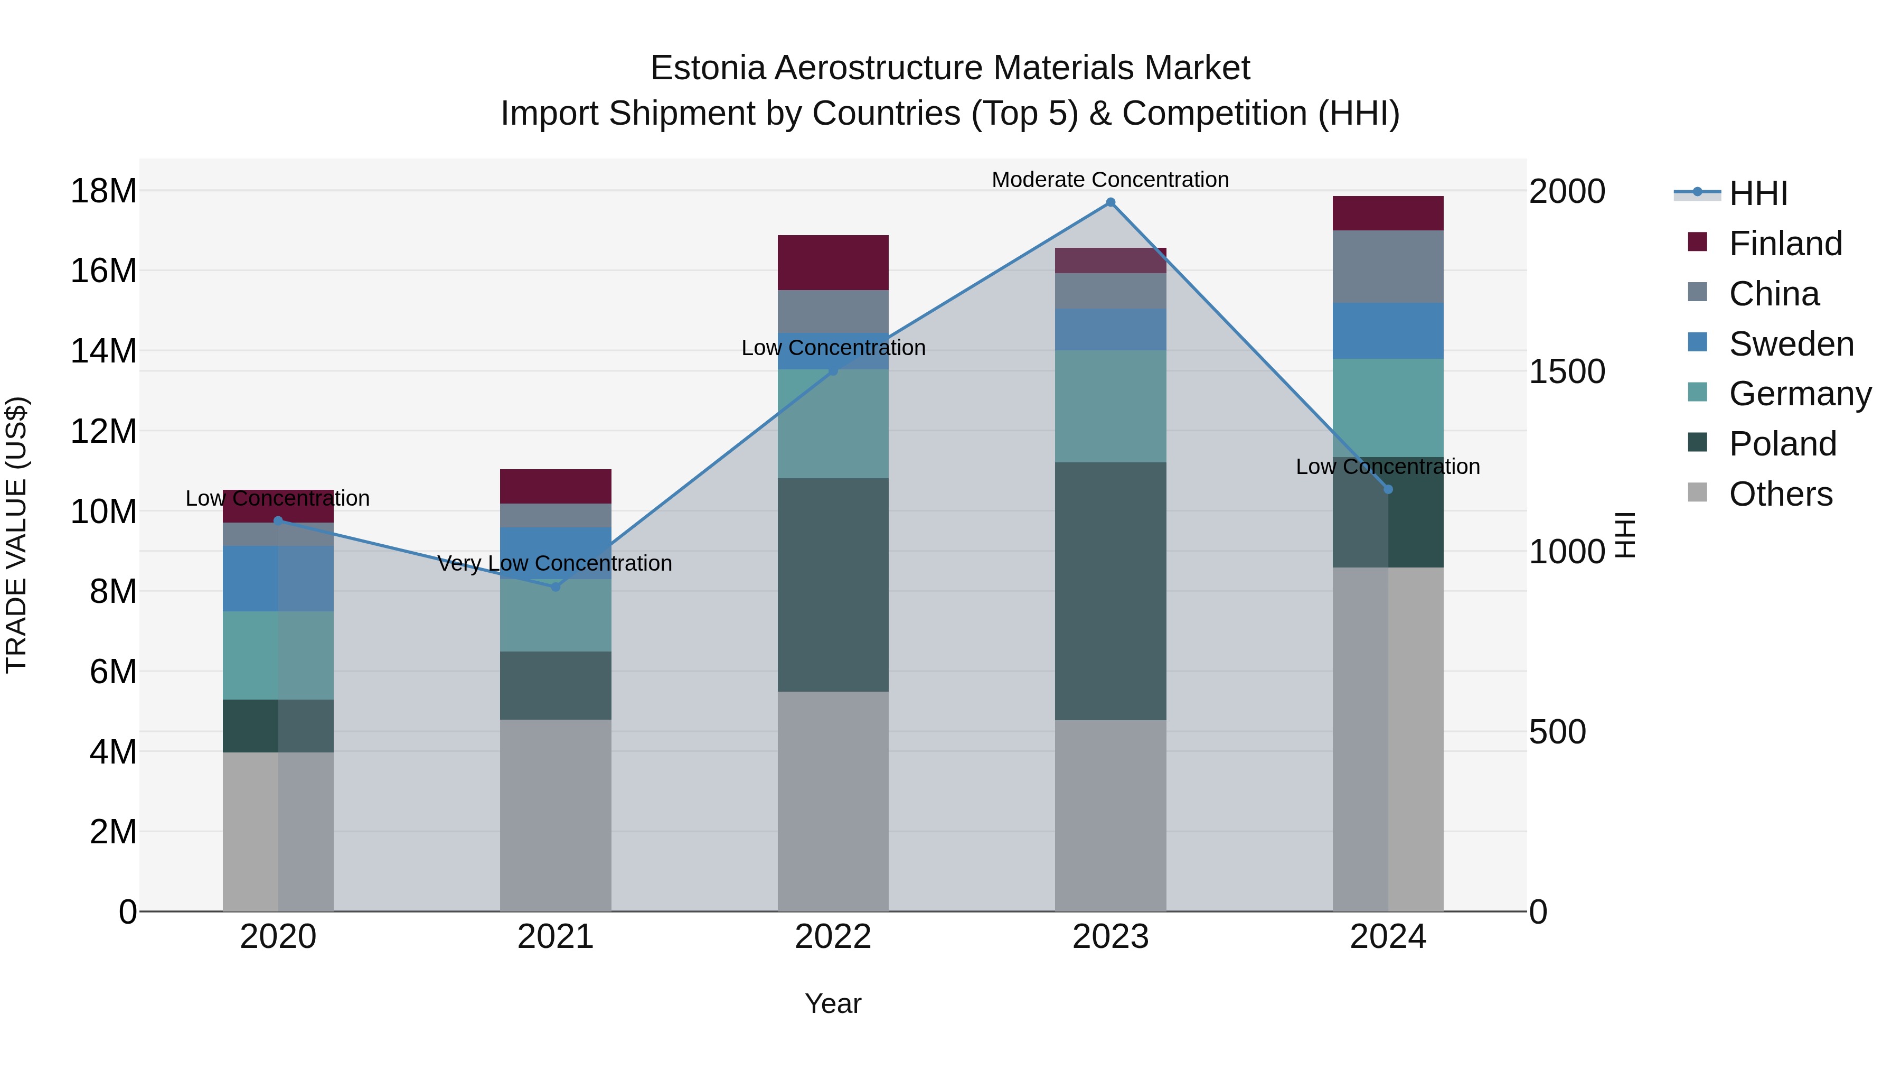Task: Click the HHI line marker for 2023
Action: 1110,202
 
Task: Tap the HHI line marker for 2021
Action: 556,587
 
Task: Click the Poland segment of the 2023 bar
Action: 1110,591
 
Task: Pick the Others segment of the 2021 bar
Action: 556,815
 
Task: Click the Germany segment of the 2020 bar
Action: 278,655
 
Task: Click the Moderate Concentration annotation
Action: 1110,180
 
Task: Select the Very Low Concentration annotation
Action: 555,563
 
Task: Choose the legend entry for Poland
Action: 1782,444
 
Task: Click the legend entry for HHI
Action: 1758,193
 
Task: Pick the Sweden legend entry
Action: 1791,344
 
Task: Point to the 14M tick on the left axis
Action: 103,351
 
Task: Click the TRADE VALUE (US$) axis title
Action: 17,535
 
